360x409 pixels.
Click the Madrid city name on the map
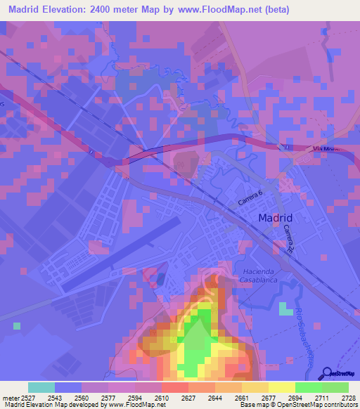(275, 218)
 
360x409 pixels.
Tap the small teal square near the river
(285, 309)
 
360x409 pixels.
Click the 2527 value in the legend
(30, 397)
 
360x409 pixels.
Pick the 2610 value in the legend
(161, 397)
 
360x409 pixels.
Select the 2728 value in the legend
(347, 397)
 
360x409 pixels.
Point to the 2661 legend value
(241, 397)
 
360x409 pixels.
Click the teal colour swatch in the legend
(41, 387)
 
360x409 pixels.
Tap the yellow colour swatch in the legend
(281, 387)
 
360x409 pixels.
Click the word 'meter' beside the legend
(11, 397)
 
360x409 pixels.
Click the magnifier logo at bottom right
(328, 374)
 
